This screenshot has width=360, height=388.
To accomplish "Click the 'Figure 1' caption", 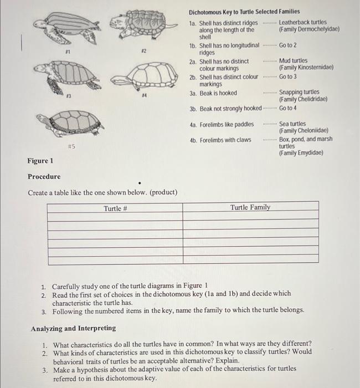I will (40, 161).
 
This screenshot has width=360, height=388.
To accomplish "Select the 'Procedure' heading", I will (44, 177).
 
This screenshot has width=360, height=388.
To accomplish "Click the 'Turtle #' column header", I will (116, 208).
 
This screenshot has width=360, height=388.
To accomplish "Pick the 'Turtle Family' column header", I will (250, 207).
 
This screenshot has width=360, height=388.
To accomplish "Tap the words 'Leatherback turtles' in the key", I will (302, 23).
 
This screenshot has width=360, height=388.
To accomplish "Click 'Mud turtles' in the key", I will (294, 61).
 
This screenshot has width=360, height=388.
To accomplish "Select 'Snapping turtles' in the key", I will (299, 93).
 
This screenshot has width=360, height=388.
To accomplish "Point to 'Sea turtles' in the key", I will (292, 124).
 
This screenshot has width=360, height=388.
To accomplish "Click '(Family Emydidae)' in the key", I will (301, 152).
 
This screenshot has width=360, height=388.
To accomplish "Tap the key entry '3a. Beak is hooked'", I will (213, 93).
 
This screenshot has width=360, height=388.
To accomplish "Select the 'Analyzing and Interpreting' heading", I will (73, 329).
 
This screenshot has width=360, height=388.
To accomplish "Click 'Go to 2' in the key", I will (287, 45).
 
